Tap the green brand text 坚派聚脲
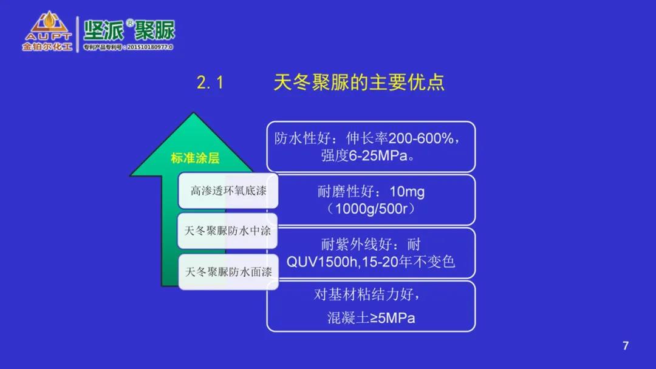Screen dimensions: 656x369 [129, 30]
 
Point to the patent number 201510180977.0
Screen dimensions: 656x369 [150, 47]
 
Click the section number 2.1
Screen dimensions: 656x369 [210, 83]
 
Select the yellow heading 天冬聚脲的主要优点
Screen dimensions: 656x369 [358, 82]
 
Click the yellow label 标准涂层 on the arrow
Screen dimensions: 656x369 [195, 158]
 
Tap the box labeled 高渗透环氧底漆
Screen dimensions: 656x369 [228, 191]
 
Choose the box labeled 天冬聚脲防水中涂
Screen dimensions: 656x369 [228, 231]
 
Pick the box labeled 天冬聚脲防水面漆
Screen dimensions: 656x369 [228, 272]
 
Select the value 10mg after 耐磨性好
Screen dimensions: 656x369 [407, 191]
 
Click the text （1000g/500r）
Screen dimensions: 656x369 [371, 209]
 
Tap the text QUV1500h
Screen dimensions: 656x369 [322, 262]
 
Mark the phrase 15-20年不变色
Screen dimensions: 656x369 [408, 262]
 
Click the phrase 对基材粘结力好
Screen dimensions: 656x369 [364, 294]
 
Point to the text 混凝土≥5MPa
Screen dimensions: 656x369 [371, 318]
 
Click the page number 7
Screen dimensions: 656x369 [626, 345]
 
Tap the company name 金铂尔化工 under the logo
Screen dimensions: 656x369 [47, 46]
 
